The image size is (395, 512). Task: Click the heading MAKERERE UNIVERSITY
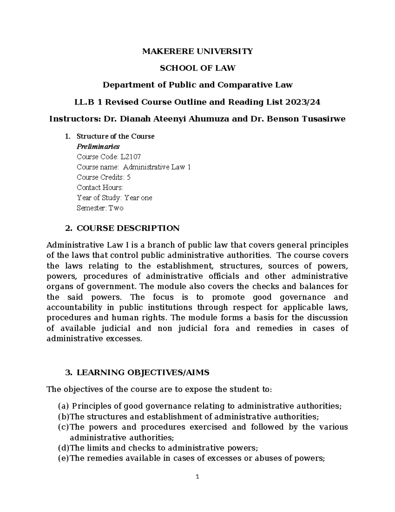coord(197,51)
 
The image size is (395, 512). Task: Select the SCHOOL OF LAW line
coord(197,68)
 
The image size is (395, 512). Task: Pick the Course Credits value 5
coord(128,177)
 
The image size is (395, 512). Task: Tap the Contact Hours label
coord(100,188)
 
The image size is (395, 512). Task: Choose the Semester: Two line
coord(100,208)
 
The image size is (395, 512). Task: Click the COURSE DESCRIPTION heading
coord(128,228)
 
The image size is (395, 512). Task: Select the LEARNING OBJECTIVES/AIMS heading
coord(143,373)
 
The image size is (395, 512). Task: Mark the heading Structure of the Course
coord(115,136)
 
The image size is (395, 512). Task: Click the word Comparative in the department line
coord(246,85)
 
